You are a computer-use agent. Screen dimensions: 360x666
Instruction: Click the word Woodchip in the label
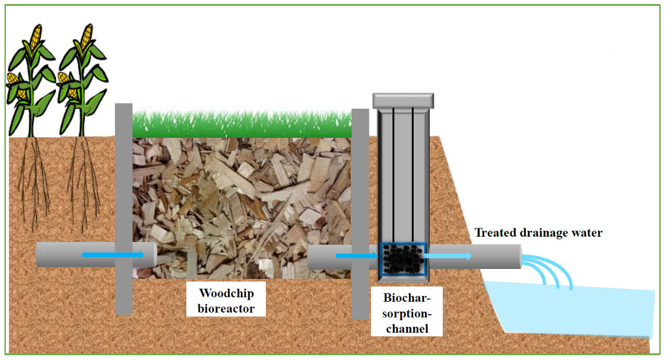tap(226, 293)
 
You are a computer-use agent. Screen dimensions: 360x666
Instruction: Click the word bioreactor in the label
tap(226, 308)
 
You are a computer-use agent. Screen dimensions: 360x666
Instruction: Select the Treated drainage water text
tap(538, 233)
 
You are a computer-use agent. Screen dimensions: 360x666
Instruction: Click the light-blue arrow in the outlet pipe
tap(447, 255)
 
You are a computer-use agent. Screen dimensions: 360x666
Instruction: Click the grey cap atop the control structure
tap(403, 100)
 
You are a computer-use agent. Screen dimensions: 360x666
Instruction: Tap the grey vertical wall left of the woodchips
tap(123, 208)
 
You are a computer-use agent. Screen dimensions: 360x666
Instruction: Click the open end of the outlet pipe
tap(520, 256)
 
